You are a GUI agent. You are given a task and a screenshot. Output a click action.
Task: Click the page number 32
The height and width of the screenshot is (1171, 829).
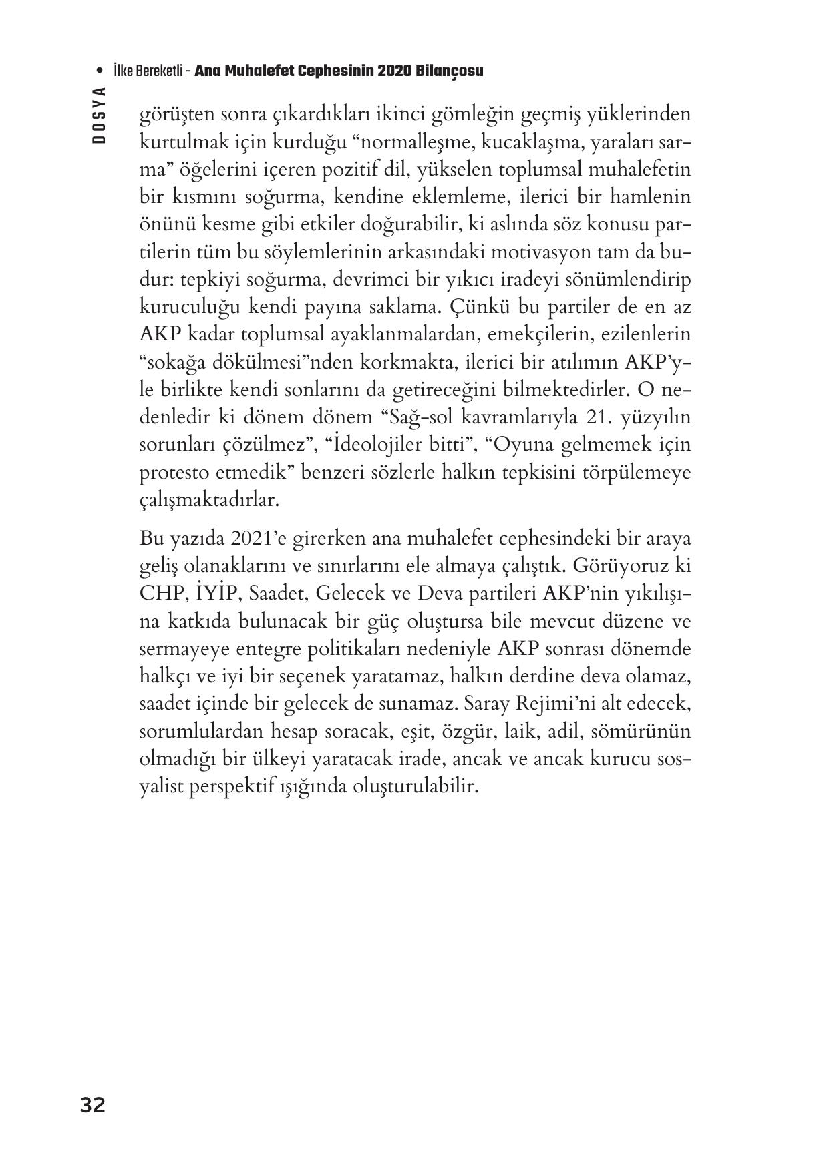93,1105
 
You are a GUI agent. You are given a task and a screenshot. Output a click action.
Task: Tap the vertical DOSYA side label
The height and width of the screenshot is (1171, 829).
100,115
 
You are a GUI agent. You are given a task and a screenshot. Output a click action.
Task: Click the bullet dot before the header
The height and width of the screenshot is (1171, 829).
100,71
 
